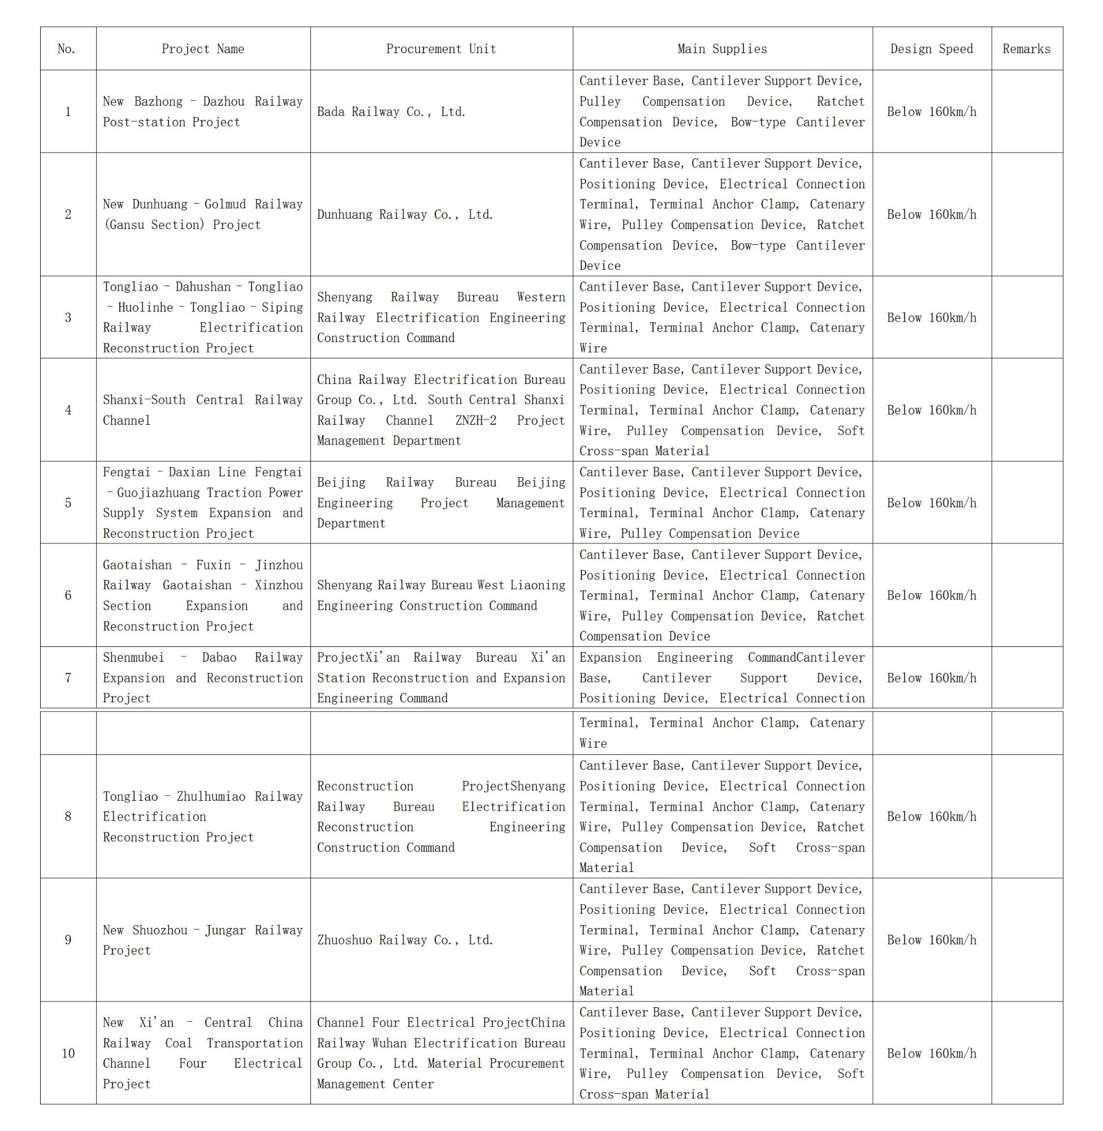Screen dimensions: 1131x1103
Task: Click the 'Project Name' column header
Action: click(x=203, y=49)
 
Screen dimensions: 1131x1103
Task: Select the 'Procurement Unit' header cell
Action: click(x=441, y=49)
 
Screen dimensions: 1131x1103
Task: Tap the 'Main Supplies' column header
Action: click(x=722, y=49)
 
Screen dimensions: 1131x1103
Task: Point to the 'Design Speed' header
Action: click(x=932, y=49)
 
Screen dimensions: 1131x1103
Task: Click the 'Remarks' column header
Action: click(x=1026, y=49)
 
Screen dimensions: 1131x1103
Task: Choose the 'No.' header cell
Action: click(x=67, y=49)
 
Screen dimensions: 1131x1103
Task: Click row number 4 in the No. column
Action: click(x=68, y=410)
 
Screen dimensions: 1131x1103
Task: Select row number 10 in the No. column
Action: click(x=68, y=1054)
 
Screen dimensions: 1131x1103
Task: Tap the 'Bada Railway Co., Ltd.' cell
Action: click(x=391, y=112)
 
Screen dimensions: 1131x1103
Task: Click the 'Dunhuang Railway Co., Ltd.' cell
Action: click(x=404, y=214)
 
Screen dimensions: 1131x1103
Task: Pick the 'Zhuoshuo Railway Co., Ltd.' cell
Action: click(x=404, y=940)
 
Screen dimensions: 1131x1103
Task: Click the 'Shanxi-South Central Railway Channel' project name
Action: click(x=202, y=410)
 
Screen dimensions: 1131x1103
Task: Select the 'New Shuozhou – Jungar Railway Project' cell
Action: click(x=202, y=940)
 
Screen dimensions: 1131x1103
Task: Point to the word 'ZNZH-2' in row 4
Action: click(x=475, y=421)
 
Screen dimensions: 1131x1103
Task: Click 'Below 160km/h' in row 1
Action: click(x=932, y=112)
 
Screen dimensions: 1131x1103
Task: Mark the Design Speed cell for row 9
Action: click(x=932, y=940)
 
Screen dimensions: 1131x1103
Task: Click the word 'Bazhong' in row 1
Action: click(x=158, y=102)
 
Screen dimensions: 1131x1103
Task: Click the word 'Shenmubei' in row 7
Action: click(x=133, y=658)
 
